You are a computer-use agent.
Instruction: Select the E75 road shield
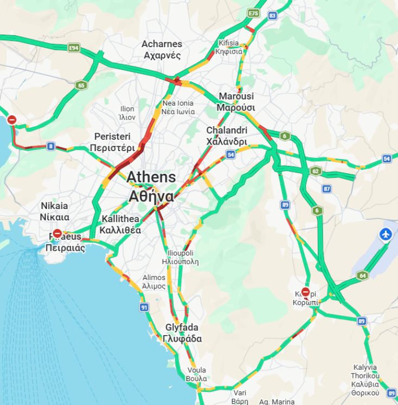coord(253,12)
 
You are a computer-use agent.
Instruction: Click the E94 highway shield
coord(74,48)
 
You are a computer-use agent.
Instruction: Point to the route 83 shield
coord(272,16)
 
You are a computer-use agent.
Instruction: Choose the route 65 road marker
coord(81,85)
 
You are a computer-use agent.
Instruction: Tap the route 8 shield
coord(50,146)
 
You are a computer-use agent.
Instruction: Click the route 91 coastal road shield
coord(144,308)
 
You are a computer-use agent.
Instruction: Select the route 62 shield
coord(316,171)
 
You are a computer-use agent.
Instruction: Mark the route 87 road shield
coord(326,188)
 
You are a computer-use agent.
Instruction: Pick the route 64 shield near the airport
coord(362,276)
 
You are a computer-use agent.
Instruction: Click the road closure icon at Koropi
coord(305,293)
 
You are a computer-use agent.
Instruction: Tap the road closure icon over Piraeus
coord(57,234)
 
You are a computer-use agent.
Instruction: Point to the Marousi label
coord(236,101)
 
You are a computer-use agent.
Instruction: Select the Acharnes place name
coord(162,49)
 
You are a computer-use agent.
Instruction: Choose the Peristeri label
coord(112,142)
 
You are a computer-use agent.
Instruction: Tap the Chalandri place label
coord(227,136)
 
